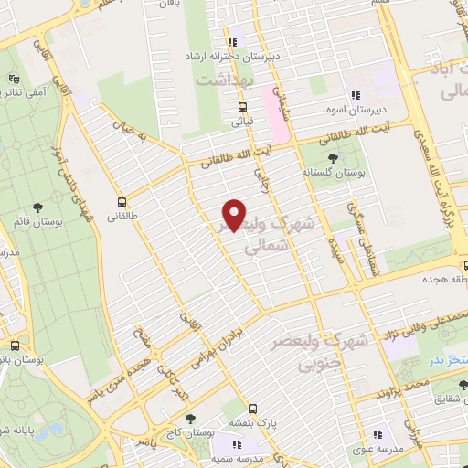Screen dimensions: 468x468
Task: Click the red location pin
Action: (x=235, y=216)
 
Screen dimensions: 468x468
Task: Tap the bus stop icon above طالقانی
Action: (x=122, y=202)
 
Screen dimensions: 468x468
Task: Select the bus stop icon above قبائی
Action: (x=242, y=106)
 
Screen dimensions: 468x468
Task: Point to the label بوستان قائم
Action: (x=37, y=220)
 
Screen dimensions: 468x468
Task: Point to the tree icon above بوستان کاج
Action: (x=189, y=418)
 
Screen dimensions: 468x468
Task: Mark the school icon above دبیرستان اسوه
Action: (x=356, y=96)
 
